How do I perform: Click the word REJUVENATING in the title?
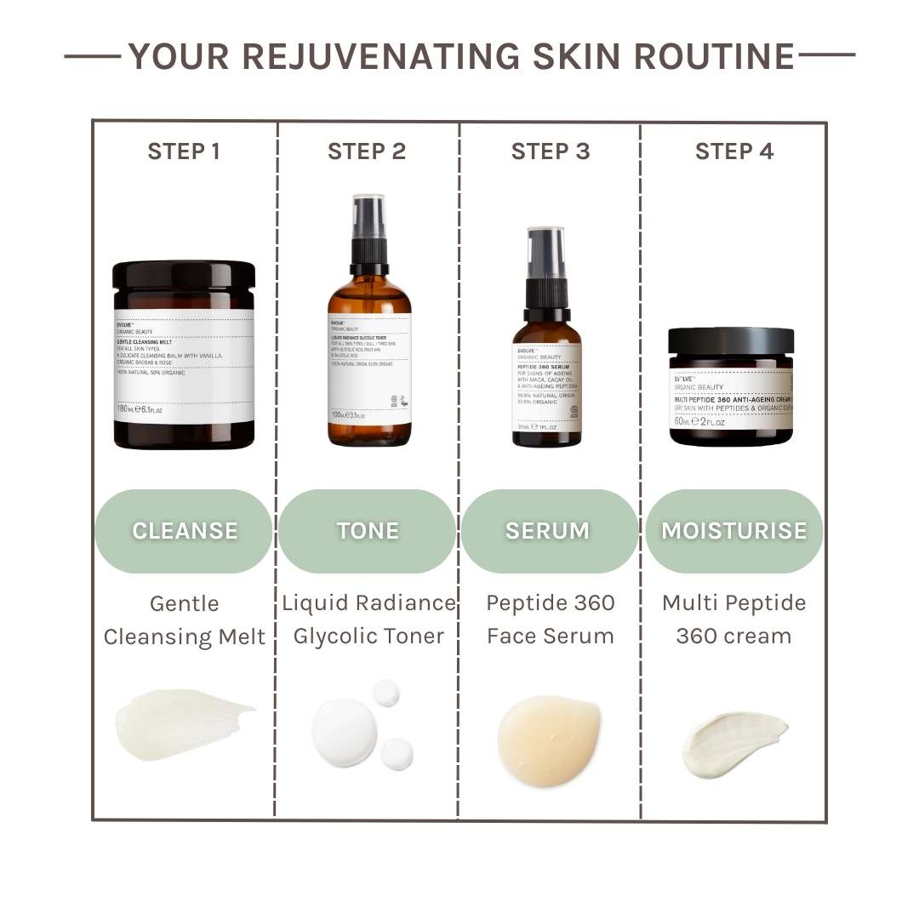point(381,57)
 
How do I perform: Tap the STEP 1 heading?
point(184,151)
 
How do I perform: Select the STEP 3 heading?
point(551,151)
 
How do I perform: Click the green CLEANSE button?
point(184,531)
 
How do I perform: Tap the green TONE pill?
point(368,531)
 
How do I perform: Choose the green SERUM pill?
point(548,531)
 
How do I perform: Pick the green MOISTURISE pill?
point(733,531)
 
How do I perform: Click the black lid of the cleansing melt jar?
point(184,275)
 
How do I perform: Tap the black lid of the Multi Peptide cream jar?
point(731,341)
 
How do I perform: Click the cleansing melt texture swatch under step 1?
point(182,723)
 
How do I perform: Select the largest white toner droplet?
point(344,733)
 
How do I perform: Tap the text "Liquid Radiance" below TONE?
point(368,603)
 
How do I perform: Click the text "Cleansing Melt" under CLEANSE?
point(185,636)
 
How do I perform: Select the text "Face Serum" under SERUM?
point(550,636)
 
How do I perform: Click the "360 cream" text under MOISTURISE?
point(733,636)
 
